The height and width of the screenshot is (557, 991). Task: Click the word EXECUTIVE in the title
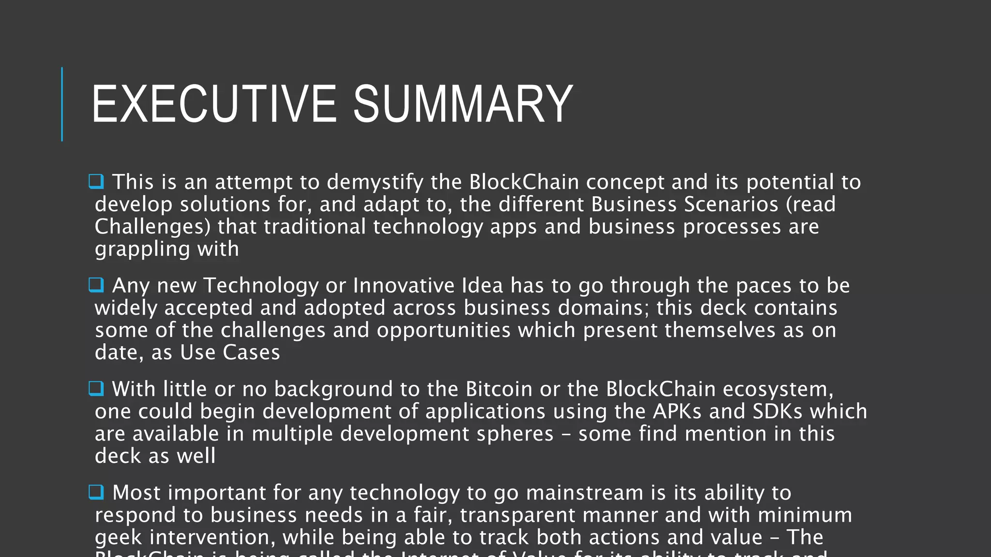213,104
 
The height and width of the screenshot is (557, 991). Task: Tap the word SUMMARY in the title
463,104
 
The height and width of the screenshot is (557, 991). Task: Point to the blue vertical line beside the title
62,104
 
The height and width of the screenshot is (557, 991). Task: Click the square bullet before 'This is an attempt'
96,182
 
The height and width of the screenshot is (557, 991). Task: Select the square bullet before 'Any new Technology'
96,285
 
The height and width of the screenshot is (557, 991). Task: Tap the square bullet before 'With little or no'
96,389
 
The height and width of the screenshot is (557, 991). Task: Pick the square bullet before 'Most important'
96,492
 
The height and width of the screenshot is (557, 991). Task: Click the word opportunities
444,330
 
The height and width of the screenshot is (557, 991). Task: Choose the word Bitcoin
499,389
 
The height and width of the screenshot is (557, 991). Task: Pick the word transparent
517,515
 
